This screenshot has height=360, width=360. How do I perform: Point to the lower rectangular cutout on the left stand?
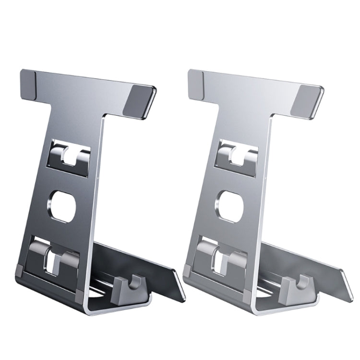[54, 257]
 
